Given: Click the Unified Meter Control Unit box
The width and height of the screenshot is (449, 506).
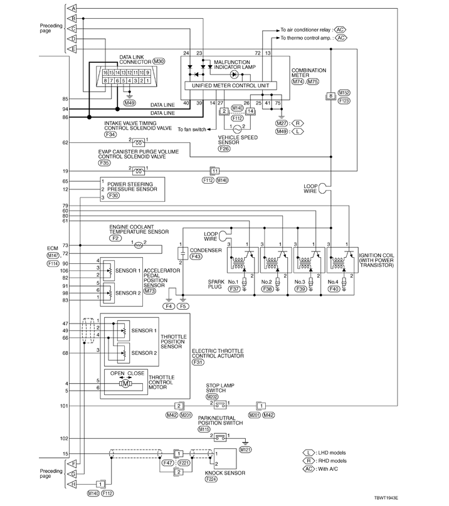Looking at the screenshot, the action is pos(231,85).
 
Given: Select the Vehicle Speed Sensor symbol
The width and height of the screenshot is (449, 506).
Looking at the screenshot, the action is pos(237,129).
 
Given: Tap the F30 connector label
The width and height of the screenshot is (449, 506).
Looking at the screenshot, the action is pos(114,195).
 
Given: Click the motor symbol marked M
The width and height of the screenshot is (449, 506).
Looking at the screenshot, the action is pos(125,383).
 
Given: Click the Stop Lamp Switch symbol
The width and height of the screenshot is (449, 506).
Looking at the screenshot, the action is pos(220,404).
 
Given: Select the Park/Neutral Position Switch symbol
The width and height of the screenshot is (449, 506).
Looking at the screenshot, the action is pos(220,437).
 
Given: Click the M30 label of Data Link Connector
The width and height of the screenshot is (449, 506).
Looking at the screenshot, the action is pos(159,61).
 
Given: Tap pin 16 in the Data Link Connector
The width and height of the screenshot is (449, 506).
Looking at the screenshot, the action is pos(105,73).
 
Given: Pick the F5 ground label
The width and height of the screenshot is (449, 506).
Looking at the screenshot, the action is pos(182,306).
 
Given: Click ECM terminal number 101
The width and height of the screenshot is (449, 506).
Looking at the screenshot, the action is pos(64,406).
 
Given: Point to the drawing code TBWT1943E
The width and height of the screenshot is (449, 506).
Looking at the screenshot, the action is pos(386,498).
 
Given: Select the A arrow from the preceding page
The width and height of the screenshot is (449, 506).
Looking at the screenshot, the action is pos(71,8).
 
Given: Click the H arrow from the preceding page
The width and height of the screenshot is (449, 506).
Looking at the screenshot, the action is pos(71,483).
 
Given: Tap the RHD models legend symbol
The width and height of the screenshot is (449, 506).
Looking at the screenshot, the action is pos(309,461).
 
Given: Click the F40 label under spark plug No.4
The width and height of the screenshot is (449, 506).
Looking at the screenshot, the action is pos(334,289).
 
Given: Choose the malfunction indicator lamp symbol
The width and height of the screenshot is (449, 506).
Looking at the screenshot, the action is pos(235,75).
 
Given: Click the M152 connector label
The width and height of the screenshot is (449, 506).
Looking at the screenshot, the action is pos(344,93).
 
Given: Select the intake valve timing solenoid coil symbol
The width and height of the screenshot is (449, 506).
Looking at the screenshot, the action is pos(139,142).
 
